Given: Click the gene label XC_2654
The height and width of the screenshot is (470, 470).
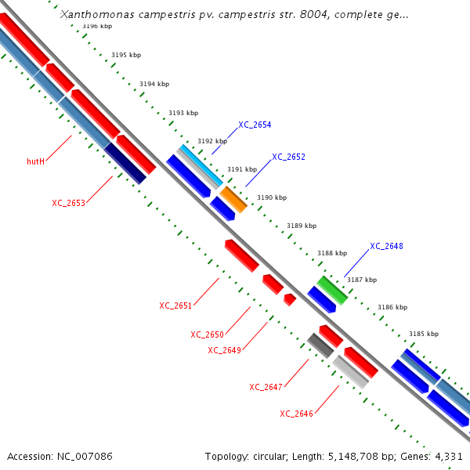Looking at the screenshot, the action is [255, 125].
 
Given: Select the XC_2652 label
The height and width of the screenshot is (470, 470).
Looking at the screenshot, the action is [288, 157].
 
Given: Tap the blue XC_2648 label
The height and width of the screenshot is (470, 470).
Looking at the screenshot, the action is [386, 246].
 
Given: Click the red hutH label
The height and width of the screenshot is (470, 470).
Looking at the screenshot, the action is [35, 161].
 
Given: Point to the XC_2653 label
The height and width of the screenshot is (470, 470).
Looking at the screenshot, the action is [68, 203].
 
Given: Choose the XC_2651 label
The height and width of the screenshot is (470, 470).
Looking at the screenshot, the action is [175, 305].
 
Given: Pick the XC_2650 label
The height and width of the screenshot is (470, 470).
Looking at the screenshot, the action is [207, 334].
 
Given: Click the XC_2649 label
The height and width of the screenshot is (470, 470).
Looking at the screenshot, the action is [224, 350].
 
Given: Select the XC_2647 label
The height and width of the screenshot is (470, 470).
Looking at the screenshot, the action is [266, 387].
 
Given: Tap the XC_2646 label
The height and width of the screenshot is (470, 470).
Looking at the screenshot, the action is [296, 414].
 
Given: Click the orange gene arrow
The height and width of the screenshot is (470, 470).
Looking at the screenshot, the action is [233, 199].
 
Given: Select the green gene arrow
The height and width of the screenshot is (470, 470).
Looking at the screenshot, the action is [332, 289].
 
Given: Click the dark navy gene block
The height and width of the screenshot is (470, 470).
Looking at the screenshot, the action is [125, 164].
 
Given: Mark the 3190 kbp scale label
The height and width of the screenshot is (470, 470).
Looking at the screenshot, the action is [272, 198].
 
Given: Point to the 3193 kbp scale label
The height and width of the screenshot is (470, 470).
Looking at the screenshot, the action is [183, 114].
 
